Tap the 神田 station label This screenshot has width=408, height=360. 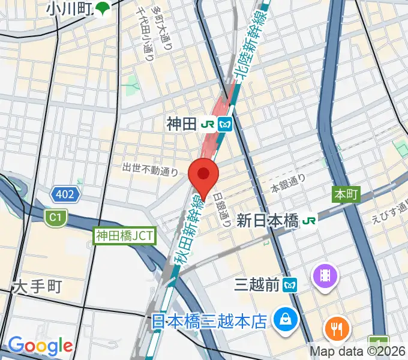[182, 124]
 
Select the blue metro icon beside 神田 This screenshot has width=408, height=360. [226, 124]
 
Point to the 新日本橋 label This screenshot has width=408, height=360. [268, 220]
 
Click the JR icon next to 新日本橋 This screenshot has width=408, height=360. [310, 220]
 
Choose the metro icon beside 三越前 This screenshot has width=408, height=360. [291, 284]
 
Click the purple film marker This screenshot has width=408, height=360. [325, 276]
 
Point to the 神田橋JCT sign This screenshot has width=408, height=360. [124, 236]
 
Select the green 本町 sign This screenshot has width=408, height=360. [346, 194]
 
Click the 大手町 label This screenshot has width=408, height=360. [37, 287]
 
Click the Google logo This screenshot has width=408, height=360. [40, 346]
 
